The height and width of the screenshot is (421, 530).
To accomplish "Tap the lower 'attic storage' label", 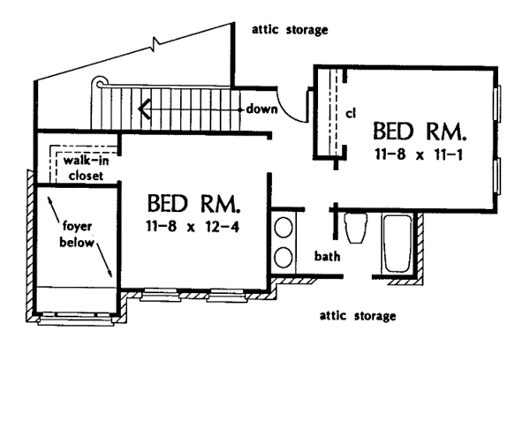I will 359,315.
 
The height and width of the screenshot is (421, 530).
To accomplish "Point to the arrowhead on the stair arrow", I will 141,109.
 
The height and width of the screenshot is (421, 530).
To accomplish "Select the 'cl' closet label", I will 350,113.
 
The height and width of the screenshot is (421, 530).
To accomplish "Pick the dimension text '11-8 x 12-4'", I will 193,228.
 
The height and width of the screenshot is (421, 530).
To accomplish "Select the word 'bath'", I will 327,258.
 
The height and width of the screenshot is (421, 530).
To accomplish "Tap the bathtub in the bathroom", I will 397,244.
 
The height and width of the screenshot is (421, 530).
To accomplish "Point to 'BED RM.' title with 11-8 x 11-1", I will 419,133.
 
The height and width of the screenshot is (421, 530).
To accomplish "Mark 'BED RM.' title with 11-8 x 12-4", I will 193,205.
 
